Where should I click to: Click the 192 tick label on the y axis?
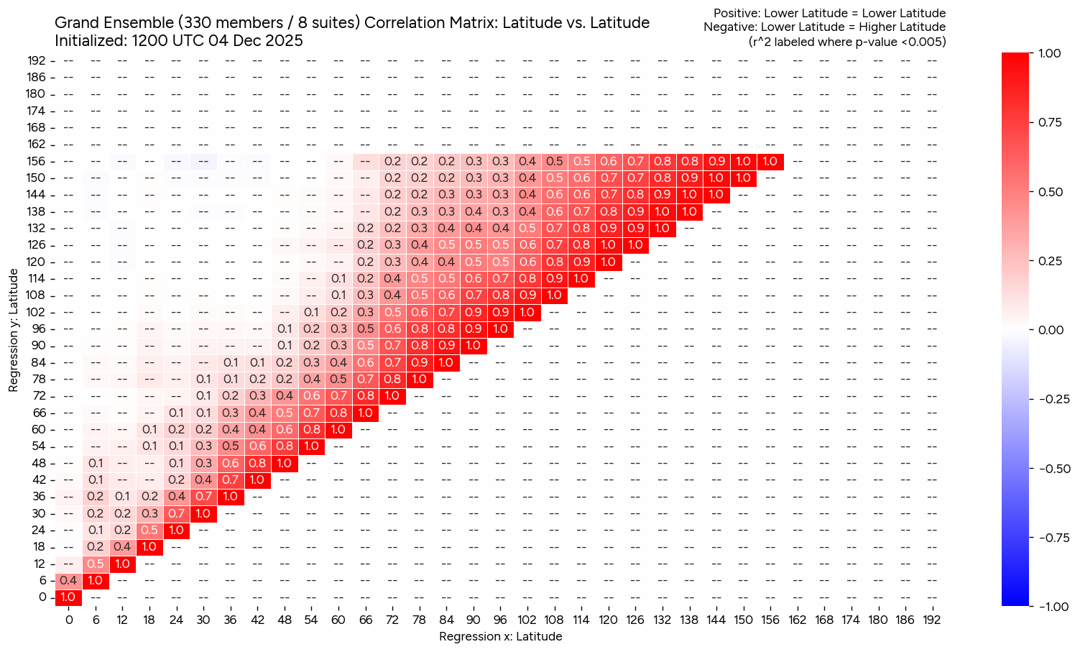pyautogui.click(x=37, y=60)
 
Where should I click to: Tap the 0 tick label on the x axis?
pyautogui.click(x=68, y=620)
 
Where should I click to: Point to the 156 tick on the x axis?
pyautogui.click(x=770, y=620)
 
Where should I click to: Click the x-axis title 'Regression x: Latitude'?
pyautogui.click(x=500, y=636)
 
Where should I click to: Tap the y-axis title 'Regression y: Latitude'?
pyautogui.click(x=14, y=330)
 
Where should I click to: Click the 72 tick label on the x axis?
pyautogui.click(x=392, y=620)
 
